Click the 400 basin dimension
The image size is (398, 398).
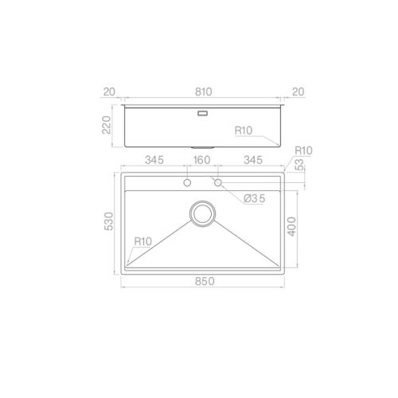pos(294,228)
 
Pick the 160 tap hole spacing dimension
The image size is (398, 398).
pos(201,161)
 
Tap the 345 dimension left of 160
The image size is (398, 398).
pos(154,161)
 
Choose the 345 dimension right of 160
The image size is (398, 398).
pos(252,161)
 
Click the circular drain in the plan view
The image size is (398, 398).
pos(201,213)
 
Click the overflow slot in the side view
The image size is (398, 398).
pos(201,114)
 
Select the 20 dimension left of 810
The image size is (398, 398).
pos(108,92)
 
